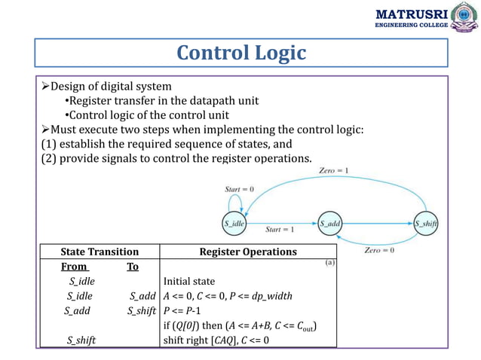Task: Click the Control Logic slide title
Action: point(240,53)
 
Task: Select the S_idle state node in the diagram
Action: point(234,224)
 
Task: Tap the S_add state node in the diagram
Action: point(329,224)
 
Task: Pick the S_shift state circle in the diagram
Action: point(426,224)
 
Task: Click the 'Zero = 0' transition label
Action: point(379,250)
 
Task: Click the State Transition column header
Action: point(100,252)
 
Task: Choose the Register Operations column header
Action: point(247,252)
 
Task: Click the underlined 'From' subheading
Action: point(74,266)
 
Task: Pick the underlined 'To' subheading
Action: point(133,266)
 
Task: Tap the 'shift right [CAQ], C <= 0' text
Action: point(216,340)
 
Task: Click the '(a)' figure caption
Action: point(329,263)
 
